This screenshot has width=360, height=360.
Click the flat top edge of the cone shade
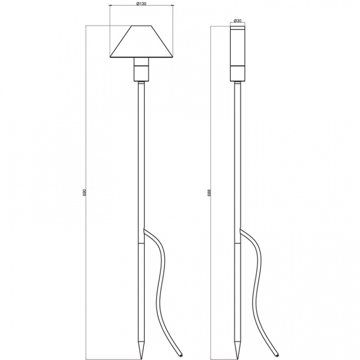tap(141, 27)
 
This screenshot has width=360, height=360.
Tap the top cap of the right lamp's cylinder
tap(237, 28)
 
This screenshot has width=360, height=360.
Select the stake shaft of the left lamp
tap(141, 158)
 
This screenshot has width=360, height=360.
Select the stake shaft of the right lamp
tap(237, 158)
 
